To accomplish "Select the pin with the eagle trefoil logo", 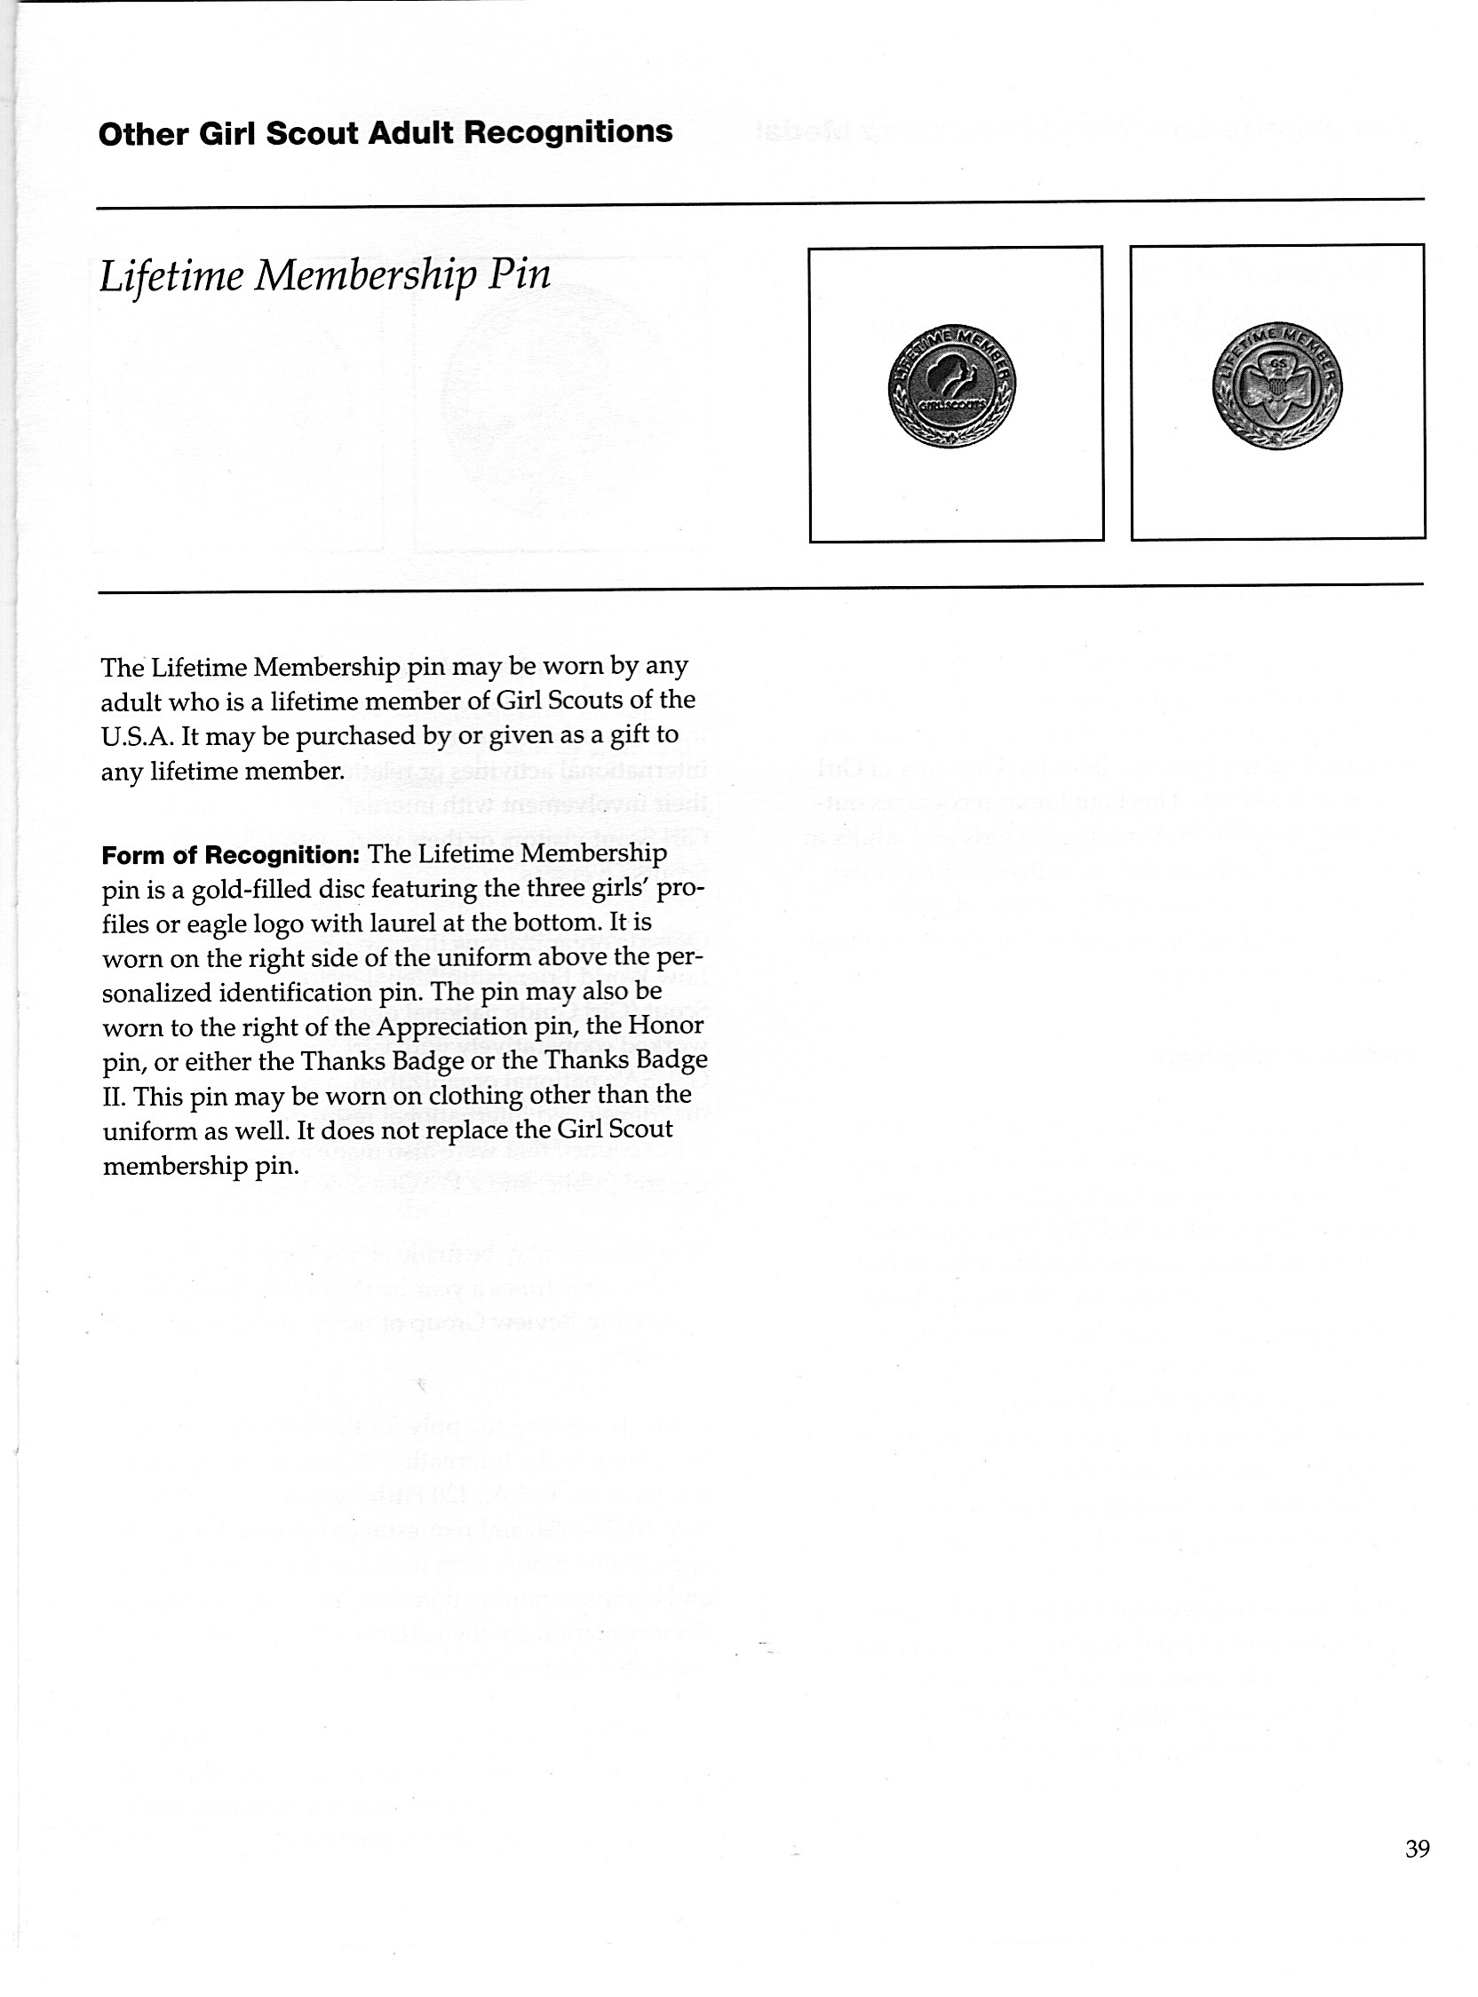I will pos(1276,385).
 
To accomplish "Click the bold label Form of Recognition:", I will pos(230,855).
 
